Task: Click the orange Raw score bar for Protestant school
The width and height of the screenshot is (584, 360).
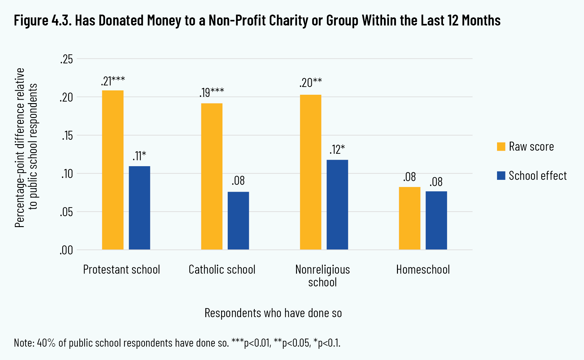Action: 113,170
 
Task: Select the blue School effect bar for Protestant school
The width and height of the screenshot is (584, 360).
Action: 139,208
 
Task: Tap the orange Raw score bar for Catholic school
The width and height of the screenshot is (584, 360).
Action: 212,176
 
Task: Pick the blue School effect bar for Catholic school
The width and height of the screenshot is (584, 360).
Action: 238,221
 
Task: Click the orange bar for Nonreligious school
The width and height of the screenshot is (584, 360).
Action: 311,172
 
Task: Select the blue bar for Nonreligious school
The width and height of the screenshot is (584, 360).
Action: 337,205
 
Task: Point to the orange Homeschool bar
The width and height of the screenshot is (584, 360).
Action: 409,218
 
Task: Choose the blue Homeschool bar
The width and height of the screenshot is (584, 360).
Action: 436,221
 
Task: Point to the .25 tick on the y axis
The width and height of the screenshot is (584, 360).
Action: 66,59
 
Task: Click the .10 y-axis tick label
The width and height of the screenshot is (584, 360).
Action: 66,174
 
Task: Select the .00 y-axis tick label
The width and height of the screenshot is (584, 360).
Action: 66,250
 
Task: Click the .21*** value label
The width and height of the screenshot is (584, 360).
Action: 113,81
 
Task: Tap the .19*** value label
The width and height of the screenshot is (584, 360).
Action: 212,93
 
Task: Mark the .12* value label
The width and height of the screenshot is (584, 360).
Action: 337,150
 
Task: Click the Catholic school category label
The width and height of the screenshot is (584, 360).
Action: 222,270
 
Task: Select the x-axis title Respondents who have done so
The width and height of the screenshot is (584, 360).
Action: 273,313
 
